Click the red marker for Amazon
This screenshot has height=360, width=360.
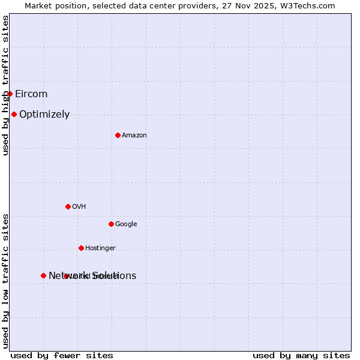pyautogui.click(x=118, y=135)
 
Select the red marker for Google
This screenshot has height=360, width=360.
pyautogui.click(x=111, y=224)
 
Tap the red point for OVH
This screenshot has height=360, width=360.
pyautogui.click(x=68, y=206)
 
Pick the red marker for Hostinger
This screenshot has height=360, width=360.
pyautogui.click(x=81, y=248)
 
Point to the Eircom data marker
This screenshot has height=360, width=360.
pyautogui.click(x=10, y=94)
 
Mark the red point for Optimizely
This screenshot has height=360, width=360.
pyautogui.click(x=14, y=114)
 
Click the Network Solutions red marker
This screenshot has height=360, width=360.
pyautogui.click(x=43, y=275)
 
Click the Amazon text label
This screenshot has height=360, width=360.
pyautogui.click(x=134, y=136)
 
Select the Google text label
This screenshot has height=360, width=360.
pyautogui.click(x=126, y=224)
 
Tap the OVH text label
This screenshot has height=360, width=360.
pyautogui.click(x=79, y=207)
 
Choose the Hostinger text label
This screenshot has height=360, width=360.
pyautogui.click(x=100, y=248)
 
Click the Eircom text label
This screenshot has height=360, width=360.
pyautogui.click(x=31, y=94)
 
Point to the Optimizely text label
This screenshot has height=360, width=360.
pyautogui.click(x=44, y=115)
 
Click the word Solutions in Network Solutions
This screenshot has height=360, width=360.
pyautogui.click(x=114, y=276)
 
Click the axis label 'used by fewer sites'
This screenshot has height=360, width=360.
pyautogui.click(x=62, y=355)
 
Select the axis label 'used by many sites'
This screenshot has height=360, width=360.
pyautogui.click(x=301, y=355)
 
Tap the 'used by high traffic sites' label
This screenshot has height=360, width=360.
pyautogui.click(x=5, y=85)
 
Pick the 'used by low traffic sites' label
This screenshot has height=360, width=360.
pyautogui.click(x=5, y=281)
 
